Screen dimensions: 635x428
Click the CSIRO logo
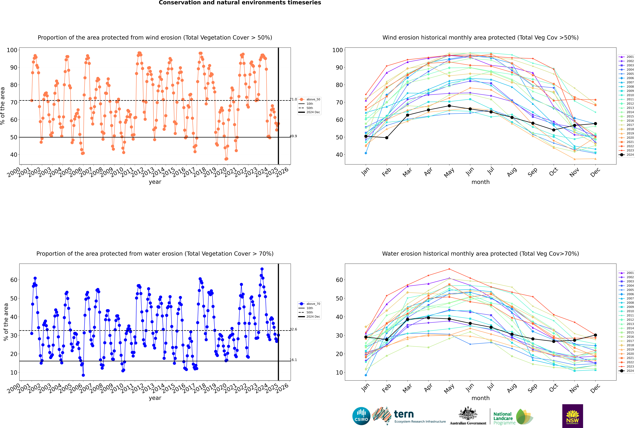[361, 416]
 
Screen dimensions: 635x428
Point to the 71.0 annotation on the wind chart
[293, 99]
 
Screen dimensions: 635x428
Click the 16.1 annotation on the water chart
[293, 360]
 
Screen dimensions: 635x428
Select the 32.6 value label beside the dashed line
[293, 329]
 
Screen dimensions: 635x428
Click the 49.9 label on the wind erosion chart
[293, 136]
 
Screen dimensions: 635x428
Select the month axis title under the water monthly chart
[480, 398]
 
